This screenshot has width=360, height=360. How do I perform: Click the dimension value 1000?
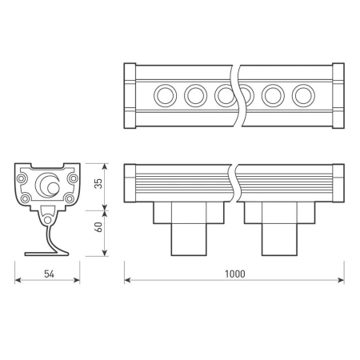[234, 274]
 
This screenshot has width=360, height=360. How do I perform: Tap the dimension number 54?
[48, 274]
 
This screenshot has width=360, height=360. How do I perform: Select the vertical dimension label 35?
[98, 182]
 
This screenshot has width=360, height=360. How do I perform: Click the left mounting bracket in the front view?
[189, 227]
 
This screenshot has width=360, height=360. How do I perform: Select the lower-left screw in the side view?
[26, 197]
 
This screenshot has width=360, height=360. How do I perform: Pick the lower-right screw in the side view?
[71, 197]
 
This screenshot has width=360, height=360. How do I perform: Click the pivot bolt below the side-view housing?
[49, 217]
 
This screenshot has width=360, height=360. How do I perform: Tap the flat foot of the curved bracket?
[48, 254]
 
